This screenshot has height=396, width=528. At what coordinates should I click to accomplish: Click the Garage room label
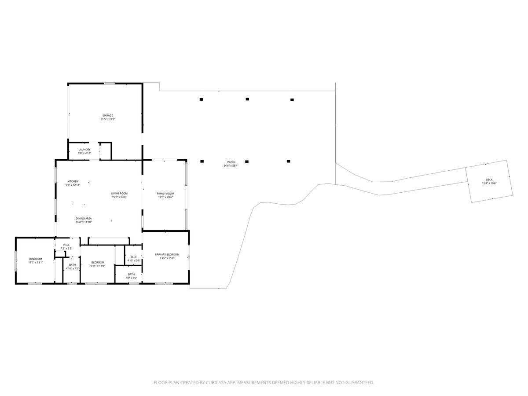108,116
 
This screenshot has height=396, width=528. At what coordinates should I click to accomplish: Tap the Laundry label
84,150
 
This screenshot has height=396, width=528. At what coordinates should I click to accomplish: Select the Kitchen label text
73,181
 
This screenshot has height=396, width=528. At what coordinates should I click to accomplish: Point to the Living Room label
119,194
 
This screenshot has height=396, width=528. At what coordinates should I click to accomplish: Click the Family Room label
165,194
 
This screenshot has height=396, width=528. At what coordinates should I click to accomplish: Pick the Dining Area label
84,219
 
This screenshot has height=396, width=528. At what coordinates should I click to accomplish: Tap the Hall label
66,245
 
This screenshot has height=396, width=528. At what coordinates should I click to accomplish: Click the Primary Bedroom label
167,254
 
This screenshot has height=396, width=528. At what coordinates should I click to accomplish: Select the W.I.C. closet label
134,257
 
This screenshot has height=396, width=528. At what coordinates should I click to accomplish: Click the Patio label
231,162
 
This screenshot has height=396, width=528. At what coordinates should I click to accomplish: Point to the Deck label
489,180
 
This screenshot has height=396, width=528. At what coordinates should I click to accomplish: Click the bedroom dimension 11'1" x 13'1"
36,262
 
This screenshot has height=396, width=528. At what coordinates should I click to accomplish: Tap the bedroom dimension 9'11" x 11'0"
98,266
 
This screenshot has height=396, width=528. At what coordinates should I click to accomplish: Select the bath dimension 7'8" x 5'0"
132,278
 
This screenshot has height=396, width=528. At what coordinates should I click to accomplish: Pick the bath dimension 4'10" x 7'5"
72,268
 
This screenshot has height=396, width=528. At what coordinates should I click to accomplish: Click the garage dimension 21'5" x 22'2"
108,119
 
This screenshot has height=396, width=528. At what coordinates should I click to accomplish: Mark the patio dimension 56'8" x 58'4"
231,166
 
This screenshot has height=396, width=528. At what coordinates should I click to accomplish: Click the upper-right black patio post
292,100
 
